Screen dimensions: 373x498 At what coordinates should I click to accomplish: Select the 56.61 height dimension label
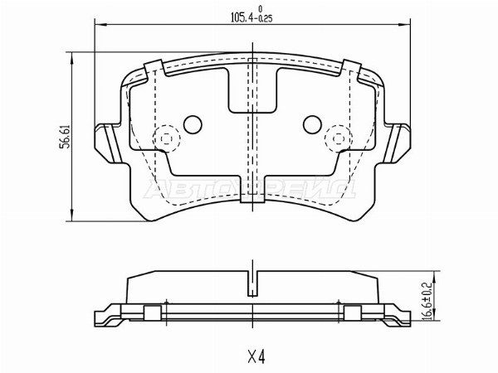[x=61, y=138]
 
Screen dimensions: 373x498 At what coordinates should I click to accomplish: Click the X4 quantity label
[x=255, y=357]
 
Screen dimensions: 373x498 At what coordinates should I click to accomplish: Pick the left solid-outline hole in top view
[x=192, y=125]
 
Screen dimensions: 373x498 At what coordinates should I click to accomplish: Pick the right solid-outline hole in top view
[x=312, y=125]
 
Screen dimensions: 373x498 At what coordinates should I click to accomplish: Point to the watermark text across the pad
[x=250, y=189]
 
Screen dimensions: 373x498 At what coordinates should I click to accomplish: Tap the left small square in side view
[x=152, y=312]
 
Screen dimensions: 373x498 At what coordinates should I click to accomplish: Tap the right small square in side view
[x=352, y=312]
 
